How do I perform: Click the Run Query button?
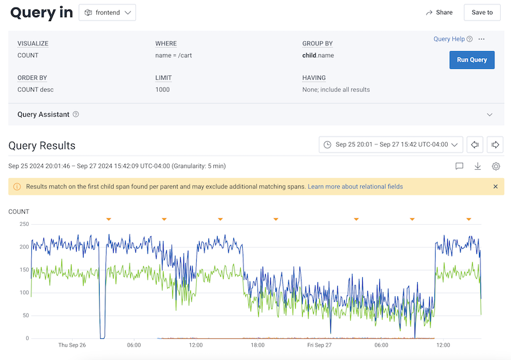pyautogui.click(x=472, y=60)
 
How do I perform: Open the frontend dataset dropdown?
pyautogui.click(x=107, y=13)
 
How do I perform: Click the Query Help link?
pyautogui.click(x=449, y=39)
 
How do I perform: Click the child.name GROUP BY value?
pyautogui.click(x=317, y=56)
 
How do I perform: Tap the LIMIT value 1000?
pyautogui.click(x=163, y=89)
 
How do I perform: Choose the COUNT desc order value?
pyautogui.click(x=35, y=89)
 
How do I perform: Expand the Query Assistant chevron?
pyautogui.click(x=490, y=115)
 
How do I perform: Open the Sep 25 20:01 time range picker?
pyautogui.click(x=391, y=145)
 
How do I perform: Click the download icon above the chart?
pyautogui.click(x=477, y=166)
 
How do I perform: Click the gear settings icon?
pyautogui.click(x=496, y=166)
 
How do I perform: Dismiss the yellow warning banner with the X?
pyautogui.click(x=496, y=186)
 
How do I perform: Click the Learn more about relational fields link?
pyautogui.click(x=355, y=186)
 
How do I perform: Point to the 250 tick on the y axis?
pyautogui.click(x=24, y=224)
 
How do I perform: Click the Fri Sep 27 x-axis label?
pyautogui.click(x=319, y=345)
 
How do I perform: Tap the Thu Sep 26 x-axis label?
pyautogui.click(x=72, y=345)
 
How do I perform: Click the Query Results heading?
pyautogui.click(x=42, y=146)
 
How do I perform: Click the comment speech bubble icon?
pyautogui.click(x=459, y=166)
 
